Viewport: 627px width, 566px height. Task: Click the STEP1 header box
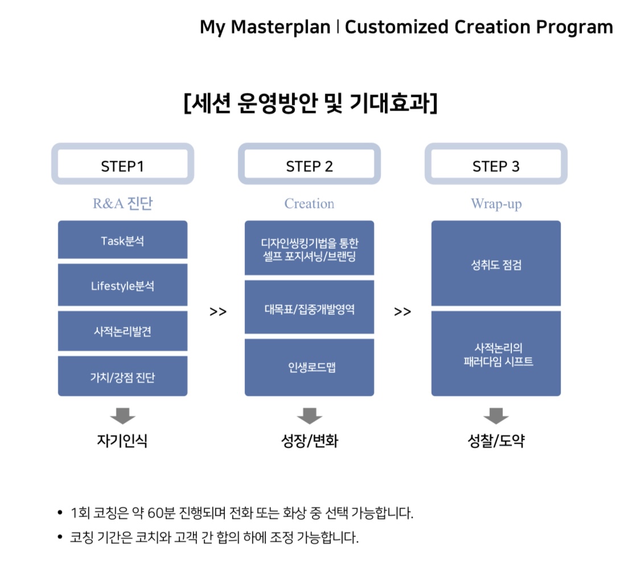coord(123,164)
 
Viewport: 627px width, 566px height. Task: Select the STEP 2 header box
coord(309,164)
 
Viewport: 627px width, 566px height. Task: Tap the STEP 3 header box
coord(496,164)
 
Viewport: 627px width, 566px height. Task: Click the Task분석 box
coord(123,240)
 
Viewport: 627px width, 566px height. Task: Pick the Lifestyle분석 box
coord(123,285)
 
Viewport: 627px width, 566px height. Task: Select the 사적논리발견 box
coord(123,331)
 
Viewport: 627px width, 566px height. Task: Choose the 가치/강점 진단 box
coord(123,376)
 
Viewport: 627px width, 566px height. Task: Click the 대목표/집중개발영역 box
coord(309,307)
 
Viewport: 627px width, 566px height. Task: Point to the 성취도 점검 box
coord(496,264)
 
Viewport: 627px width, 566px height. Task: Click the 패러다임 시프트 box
coord(496,354)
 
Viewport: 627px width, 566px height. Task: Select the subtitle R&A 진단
coord(123,203)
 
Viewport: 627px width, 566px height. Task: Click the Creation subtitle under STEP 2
coord(309,203)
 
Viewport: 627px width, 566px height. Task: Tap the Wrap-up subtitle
coord(496,204)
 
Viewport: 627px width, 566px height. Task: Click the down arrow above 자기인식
coord(123,416)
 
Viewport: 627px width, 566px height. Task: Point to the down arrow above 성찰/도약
coord(496,416)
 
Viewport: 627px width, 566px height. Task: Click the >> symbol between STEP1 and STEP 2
coord(218,311)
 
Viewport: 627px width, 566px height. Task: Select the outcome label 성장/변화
coord(309,441)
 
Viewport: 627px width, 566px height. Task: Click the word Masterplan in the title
coord(281,27)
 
